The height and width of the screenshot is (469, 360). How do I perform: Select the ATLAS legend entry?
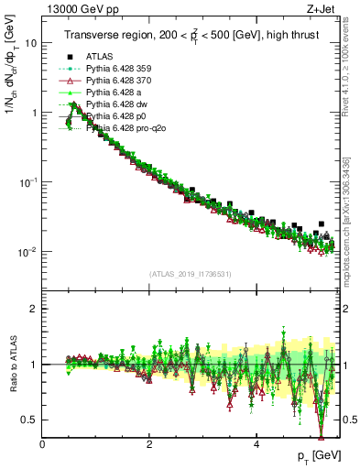[x=112, y=56]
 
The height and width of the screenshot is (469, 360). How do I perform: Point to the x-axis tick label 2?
[x=149, y=443]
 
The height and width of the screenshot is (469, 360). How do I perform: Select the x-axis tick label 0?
[x=42, y=443]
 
